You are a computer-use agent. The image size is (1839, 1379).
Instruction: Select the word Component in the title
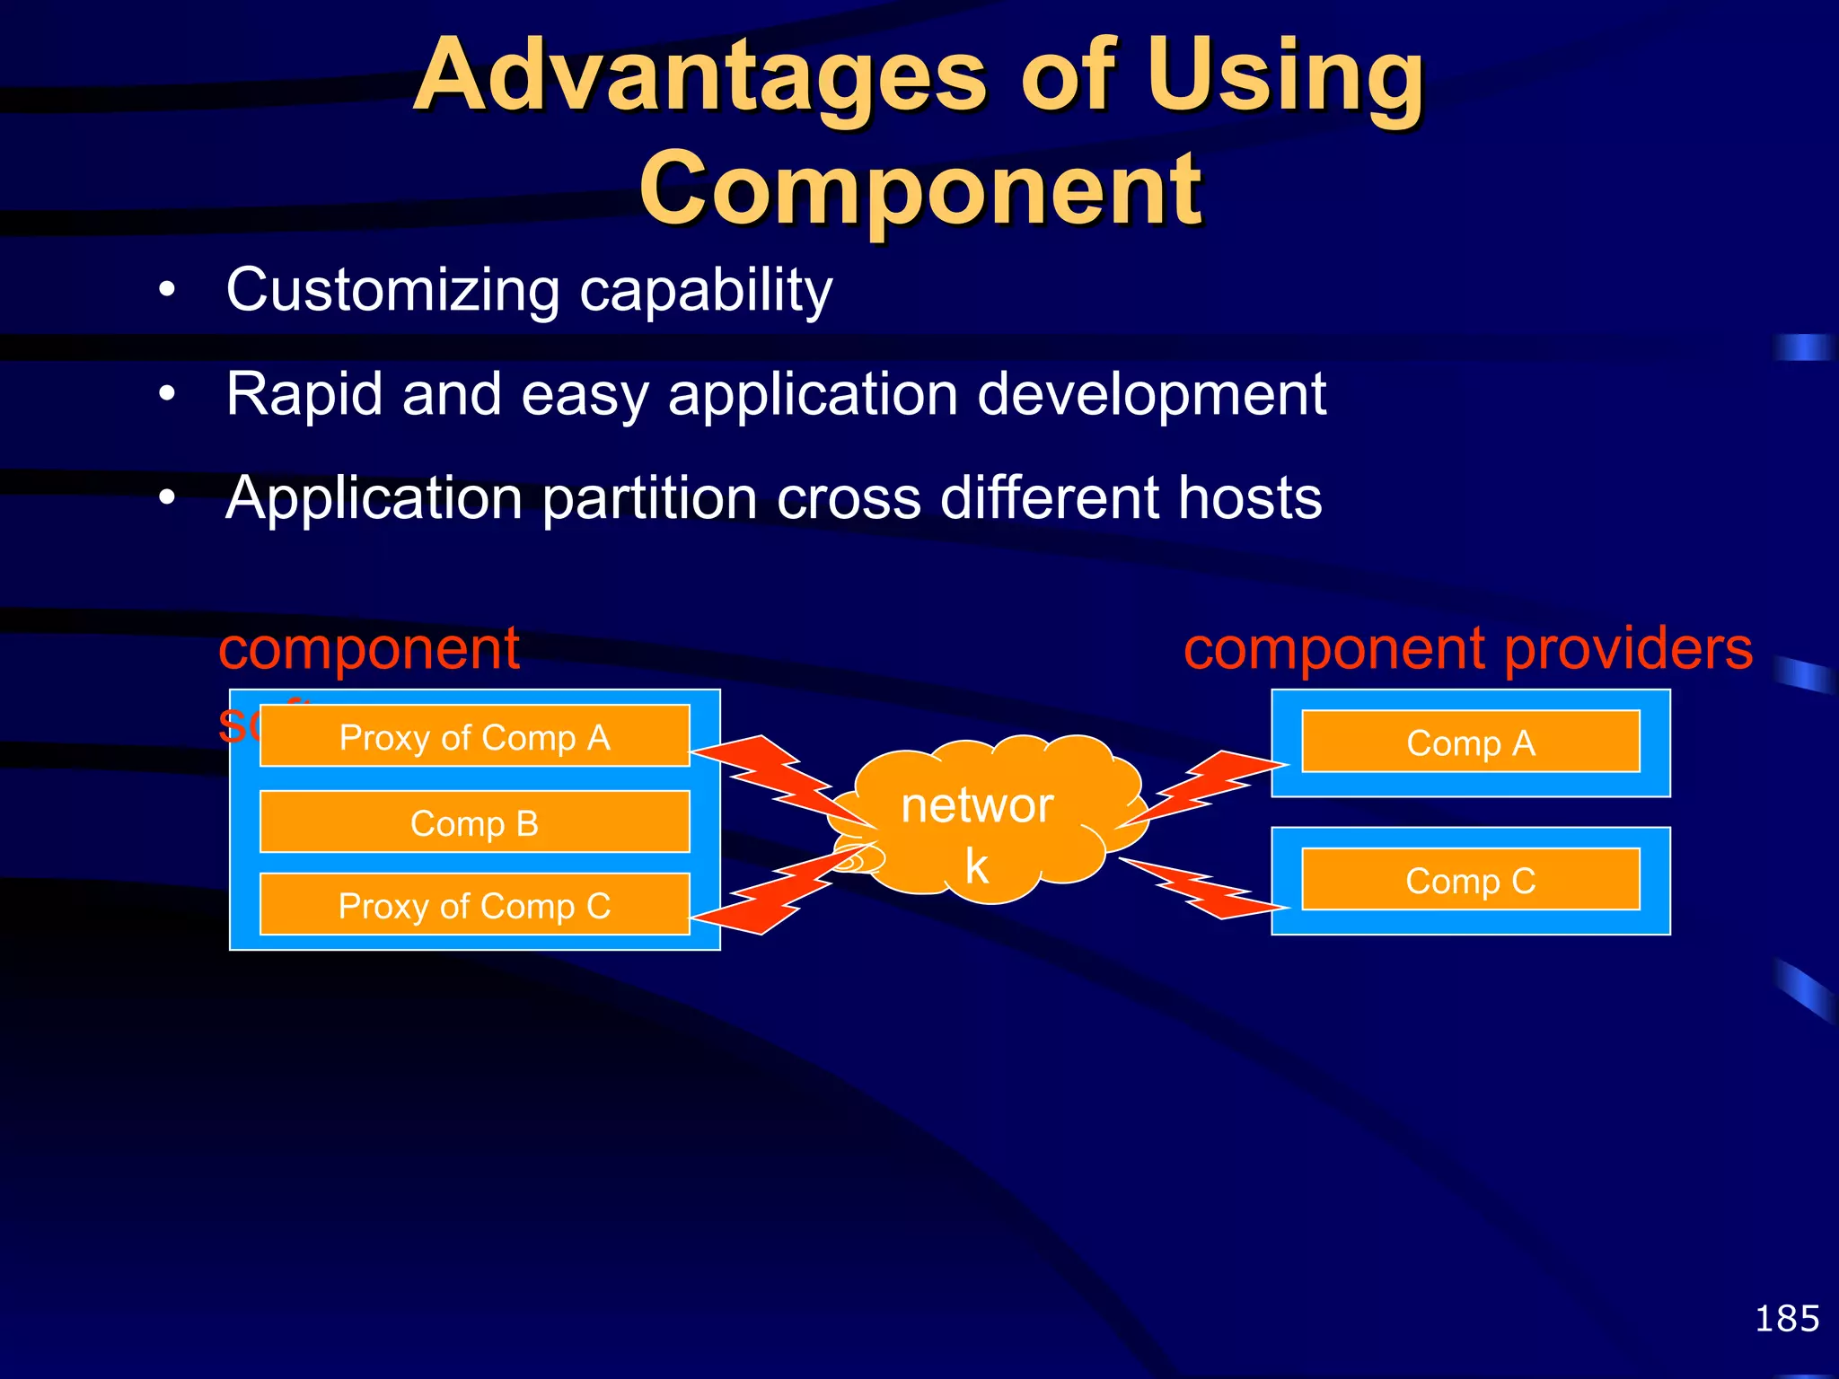click(919, 189)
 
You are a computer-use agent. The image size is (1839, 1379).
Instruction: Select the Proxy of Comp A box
click(474, 736)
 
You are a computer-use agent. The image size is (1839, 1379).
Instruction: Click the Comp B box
click(474, 822)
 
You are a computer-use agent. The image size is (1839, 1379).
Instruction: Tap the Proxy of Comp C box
click(474, 905)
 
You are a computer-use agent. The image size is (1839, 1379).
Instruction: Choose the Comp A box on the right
click(1470, 742)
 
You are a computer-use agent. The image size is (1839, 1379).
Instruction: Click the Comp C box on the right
click(1470, 880)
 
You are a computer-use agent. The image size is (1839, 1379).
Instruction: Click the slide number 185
click(1786, 1319)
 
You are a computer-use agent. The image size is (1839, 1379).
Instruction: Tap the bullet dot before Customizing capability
click(167, 292)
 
